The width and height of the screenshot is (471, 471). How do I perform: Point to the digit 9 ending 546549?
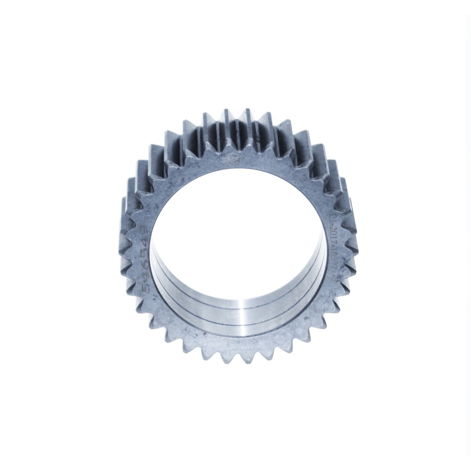click(144, 230)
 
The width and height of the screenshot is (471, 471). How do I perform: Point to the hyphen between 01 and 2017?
click(333, 226)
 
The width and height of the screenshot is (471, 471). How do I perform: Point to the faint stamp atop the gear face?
click(231, 159)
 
